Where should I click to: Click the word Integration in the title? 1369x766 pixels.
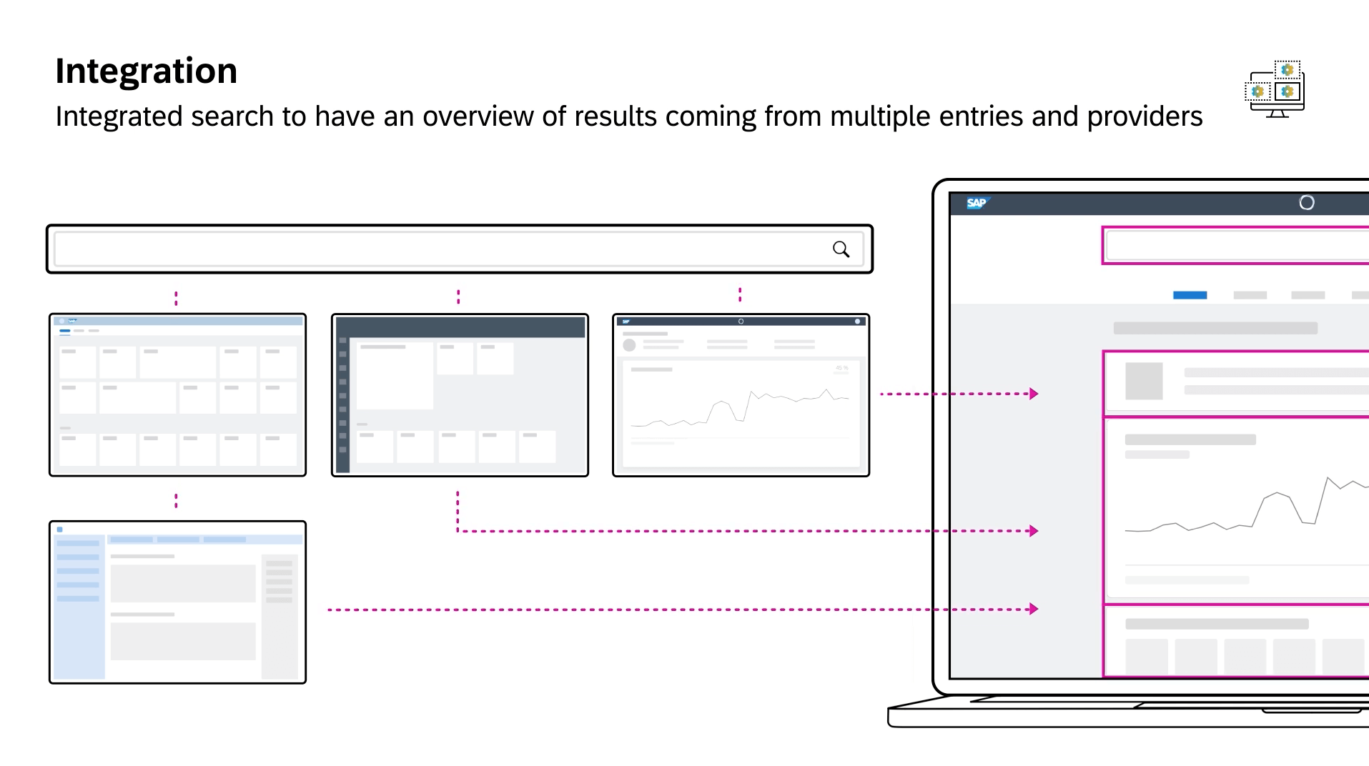[146, 71]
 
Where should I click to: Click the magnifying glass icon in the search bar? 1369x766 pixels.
[841, 249]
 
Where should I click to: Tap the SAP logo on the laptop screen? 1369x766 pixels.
[976, 203]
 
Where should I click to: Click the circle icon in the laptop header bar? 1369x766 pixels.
[1306, 203]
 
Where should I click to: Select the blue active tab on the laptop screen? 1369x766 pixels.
[1190, 295]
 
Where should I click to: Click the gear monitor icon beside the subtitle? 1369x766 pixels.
[1275, 89]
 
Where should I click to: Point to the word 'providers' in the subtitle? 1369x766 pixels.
[1145, 116]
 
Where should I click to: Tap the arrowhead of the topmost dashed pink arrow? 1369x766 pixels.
[1034, 394]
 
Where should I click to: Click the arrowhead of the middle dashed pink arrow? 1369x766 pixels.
[1034, 531]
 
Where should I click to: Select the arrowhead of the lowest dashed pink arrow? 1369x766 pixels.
[1034, 610]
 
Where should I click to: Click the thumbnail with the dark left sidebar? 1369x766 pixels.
[460, 395]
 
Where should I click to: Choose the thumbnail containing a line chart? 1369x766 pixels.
[741, 395]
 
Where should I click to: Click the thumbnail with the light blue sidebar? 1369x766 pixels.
[177, 602]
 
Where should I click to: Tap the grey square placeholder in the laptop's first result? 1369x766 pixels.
[1144, 382]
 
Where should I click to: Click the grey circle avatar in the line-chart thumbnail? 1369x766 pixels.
[629, 345]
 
